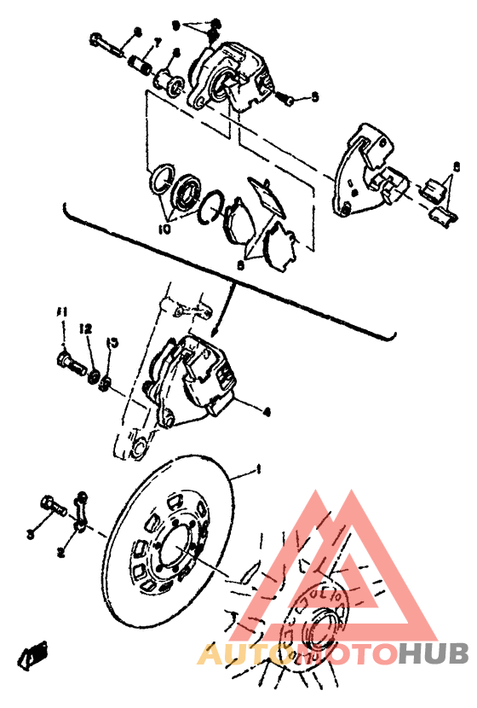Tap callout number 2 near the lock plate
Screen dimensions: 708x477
click(60, 553)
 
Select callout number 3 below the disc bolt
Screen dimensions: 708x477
click(30, 535)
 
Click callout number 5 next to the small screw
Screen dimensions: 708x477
click(314, 97)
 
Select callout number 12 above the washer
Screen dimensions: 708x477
click(85, 328)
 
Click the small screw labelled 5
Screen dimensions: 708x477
click(288, 100)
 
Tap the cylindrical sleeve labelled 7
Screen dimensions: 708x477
click(141, 65)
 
